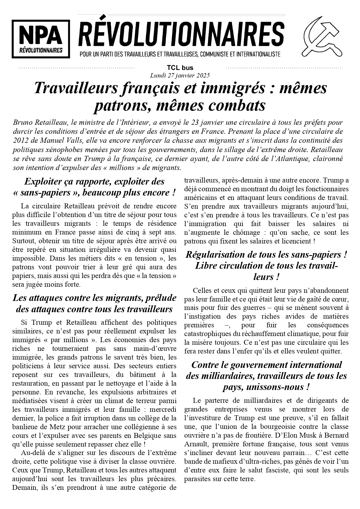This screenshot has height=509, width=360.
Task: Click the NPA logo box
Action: point(41,39)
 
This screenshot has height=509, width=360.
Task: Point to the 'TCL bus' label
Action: point(180,68)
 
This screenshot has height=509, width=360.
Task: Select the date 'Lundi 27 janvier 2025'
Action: point(180,75)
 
